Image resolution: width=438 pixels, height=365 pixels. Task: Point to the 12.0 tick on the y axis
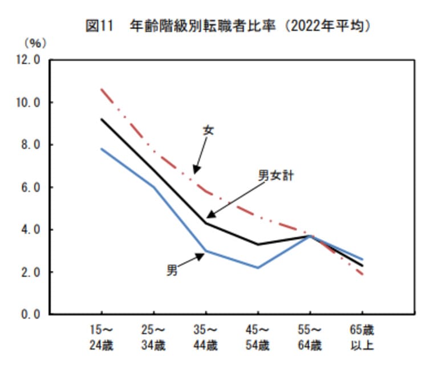[27, 60]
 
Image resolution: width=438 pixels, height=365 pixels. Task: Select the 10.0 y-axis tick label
[27, 103]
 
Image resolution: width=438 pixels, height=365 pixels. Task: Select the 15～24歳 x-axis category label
[102, 338]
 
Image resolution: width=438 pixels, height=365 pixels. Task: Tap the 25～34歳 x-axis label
[153, 338]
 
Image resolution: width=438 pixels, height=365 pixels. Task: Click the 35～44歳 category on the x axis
[205, 338]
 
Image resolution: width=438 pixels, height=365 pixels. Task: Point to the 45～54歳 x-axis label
[257, 338]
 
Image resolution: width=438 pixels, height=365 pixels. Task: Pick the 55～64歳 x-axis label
[309, 338]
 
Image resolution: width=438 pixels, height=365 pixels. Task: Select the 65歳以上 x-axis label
[362, 338]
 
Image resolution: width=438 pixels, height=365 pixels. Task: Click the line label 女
[208, 130]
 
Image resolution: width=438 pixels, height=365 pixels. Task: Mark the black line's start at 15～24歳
[102, 119]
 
